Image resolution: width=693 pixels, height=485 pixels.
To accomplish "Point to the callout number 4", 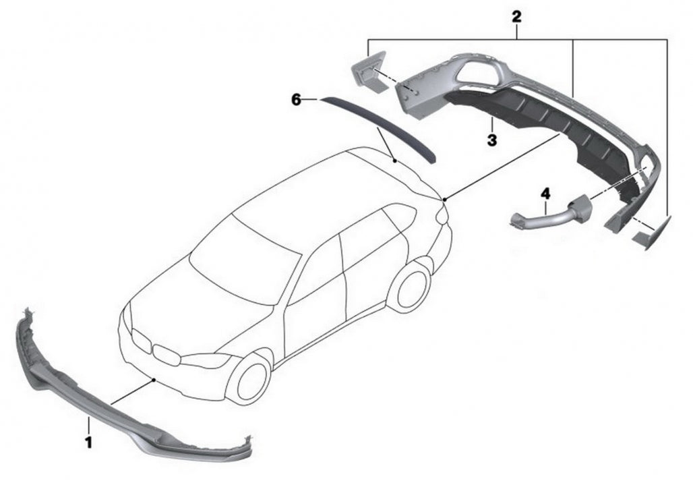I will point(545,194).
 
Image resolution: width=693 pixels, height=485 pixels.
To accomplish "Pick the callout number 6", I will point(296,100).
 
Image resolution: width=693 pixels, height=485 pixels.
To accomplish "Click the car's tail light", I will point(442,215).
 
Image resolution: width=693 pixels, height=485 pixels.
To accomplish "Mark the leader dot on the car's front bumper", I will point(154,380).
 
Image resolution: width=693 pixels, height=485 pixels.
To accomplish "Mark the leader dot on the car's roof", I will point(394,161).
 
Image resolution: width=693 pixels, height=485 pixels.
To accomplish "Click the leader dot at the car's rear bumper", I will point(445,199).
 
